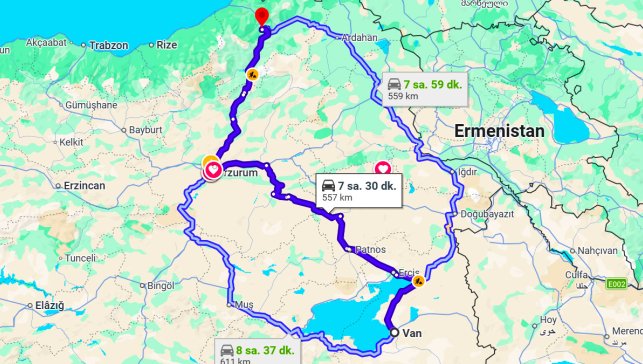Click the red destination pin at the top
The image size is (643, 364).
pyautogui.click(x=261, y=15)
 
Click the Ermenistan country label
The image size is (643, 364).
pyautogui.click(x=499, y=130)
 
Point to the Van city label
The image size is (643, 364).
pyautogui.click(x=411, y=336)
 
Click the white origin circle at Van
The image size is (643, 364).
pyautogui.click(x=393, y=333)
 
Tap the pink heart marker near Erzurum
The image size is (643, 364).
pyautogui.click(x=213, y=170)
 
